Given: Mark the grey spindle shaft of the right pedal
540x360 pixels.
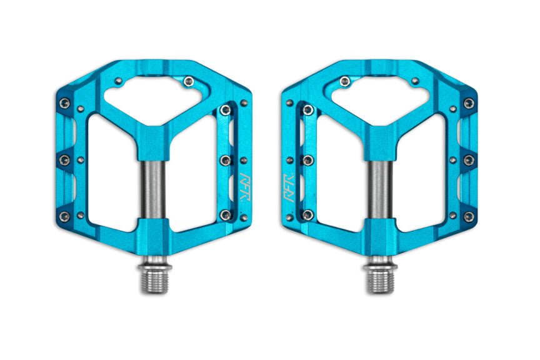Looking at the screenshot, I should pos(379,187).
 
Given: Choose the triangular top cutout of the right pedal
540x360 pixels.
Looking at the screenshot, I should pos(381,96).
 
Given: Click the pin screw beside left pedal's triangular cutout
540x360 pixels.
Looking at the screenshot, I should pos(188,80).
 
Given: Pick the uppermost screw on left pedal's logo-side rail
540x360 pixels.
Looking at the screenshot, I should pos(224,110).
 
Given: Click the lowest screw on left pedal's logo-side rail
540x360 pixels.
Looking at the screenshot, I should pos(224,215).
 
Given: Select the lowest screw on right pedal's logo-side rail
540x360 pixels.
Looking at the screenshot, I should pos(307,215).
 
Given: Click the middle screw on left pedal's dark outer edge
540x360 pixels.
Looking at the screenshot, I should pos(64,161).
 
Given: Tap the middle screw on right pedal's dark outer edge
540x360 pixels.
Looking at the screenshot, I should pos(468,161).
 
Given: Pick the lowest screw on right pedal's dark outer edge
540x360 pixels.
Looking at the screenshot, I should pos(468,216).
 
